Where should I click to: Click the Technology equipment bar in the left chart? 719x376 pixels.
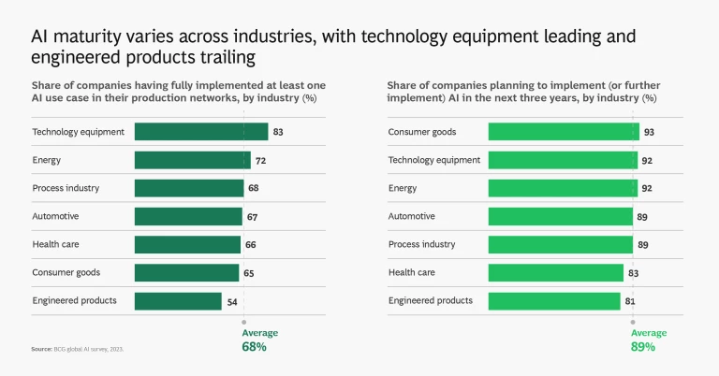tap(200, 132)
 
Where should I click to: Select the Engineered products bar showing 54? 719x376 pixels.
tap(178, 301)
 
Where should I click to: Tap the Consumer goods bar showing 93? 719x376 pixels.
tap(564, 132)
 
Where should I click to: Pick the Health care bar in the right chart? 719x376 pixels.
tap(556, 272)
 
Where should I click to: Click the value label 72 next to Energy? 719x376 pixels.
tap(261, 161)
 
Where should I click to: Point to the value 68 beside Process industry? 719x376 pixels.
tap(254, 189)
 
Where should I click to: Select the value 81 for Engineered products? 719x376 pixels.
tap(631, 301)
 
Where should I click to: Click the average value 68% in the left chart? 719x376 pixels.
tap(255, 347)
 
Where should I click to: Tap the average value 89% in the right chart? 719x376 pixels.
tap(642, 347)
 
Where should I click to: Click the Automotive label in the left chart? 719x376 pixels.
tap(55, 216)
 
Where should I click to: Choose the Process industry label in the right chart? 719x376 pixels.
tap(421, 244)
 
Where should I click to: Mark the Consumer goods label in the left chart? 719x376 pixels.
tap(66, 272)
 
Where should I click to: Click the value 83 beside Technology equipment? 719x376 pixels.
tap(278, 132)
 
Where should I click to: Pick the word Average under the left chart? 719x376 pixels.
tap(260, 333)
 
